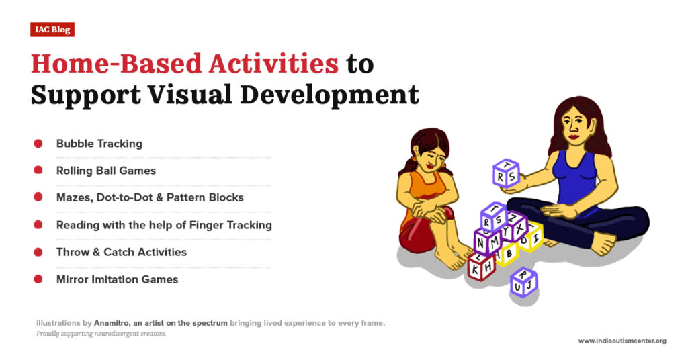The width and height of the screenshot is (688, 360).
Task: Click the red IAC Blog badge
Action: [x=52, y=30]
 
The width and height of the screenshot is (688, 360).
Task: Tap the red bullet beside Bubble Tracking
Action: [x=38, y=144]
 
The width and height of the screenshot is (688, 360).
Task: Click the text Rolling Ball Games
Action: [x=106, y=171]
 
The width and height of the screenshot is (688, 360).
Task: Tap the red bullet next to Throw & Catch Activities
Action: [x=38, y=253]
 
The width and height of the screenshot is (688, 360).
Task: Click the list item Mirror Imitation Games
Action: [x=117, y=279]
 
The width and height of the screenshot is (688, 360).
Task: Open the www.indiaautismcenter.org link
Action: [x=622, y=341]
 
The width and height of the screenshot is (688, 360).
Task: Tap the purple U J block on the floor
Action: [x=523, y=283]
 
